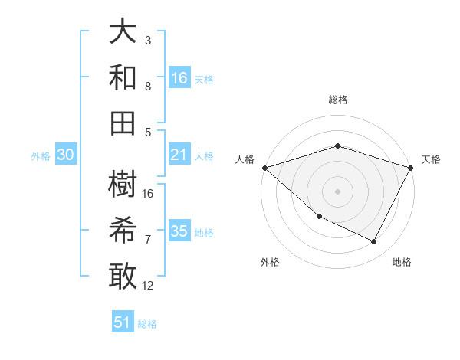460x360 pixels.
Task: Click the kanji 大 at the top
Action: pyautogui.click(x=123, y=32)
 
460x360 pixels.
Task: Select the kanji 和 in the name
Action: pyautogui.click(x=123, y=77)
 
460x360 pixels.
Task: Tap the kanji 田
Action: pyautogui.click(x=123, y=121)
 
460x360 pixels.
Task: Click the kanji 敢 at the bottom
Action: pyautogui.click(x=123, y=275)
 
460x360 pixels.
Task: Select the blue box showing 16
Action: pyautogui.click(x=179, y=77)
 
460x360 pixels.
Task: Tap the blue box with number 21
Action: pyautogui.click(x=179, y=155)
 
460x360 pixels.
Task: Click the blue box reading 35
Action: pyautogui.click(x=179, y=231)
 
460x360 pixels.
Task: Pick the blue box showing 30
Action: pyautogui.click(x=66, y=155)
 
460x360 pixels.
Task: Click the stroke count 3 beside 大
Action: pyautogui.click(x=148, y=40)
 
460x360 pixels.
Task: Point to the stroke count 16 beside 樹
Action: pyautogui.click(x=149, y=194)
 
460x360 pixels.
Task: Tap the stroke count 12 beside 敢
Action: pyautogui.click(x=149, y=286)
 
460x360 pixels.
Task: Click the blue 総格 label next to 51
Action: pyautogui.click(x=147, y=324)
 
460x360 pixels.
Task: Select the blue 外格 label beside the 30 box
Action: pyautogui.click(x=41, y=156)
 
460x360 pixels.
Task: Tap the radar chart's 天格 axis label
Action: pyautogui.click(x=431, y=159)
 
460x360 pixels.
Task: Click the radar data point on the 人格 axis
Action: pyautogui.click(x=264, y=168)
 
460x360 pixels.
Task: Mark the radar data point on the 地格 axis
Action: pyautogui.click(x=374, y=242)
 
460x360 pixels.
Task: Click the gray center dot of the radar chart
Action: pyautogui.click(x=337, y=191)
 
